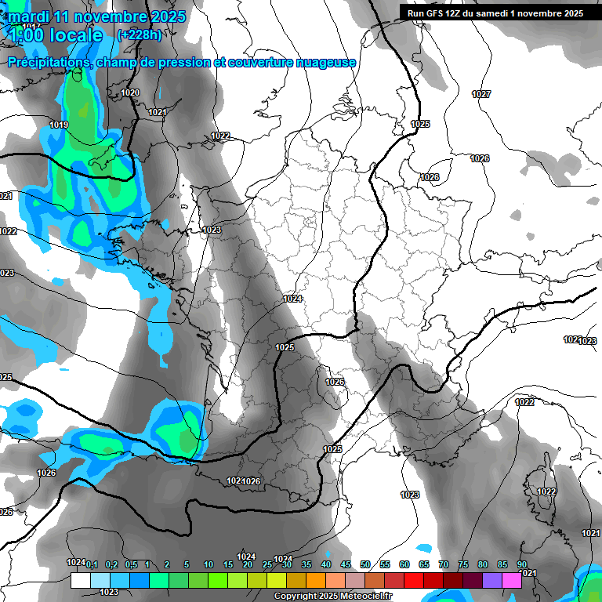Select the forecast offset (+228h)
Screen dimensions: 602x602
140,34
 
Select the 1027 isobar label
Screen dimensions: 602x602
481,94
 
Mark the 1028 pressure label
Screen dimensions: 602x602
430,177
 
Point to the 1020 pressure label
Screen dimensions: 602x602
130,92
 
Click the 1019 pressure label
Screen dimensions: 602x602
59,125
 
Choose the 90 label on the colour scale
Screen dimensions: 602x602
521,564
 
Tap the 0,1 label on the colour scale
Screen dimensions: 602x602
92,564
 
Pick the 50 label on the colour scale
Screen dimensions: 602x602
365,564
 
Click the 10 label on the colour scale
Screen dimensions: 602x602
209,564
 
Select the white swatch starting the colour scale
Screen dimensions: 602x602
80,580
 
